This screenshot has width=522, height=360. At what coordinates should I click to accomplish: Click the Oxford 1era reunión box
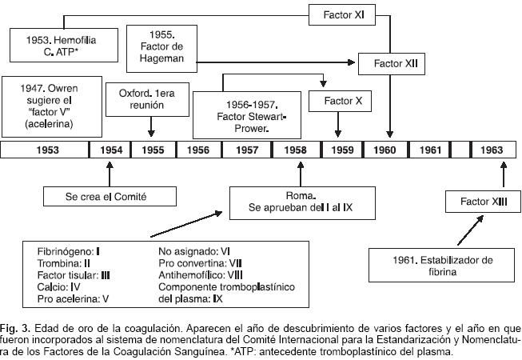pyautogui.click(x=150, y=98)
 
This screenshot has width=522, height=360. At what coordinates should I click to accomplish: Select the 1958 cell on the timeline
pyautogui.click(x=297, y=150)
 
